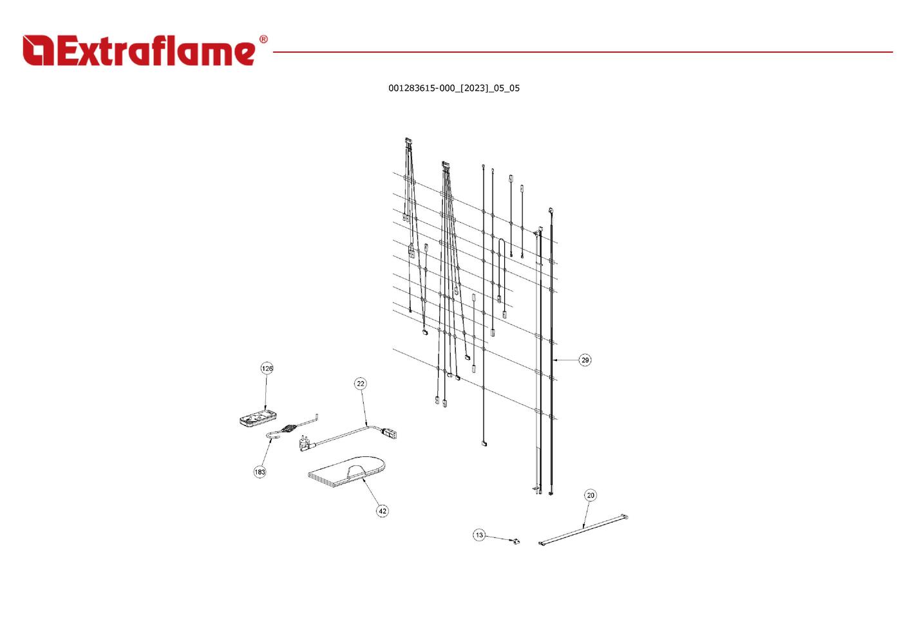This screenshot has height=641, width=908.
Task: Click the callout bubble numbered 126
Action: tap(267, 368)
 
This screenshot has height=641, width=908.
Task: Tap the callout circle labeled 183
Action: tap(260, 472)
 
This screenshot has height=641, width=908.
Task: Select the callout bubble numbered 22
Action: tap(361, 384)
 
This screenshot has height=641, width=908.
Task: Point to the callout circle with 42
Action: tap(383, 511)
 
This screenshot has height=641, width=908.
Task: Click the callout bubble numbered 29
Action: tap(585, 360)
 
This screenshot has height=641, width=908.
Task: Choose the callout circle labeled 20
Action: tap(591, 495)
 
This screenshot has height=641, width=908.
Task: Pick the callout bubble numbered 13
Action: tap(479, 535)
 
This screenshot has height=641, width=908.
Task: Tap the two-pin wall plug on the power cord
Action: tap(305, 443)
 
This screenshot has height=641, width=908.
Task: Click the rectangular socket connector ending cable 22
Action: tap(389, 434)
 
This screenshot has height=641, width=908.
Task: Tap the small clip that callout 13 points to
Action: tap(516, 541)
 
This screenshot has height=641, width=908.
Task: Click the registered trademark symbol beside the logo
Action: tap(263, 39)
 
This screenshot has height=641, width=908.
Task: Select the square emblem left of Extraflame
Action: tap(38, 50)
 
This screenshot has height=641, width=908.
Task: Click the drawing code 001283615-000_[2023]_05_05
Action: tap(454, 88)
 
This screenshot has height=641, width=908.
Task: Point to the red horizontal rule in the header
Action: tap(583, 52)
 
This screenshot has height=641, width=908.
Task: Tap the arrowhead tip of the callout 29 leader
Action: tap(554, 360)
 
